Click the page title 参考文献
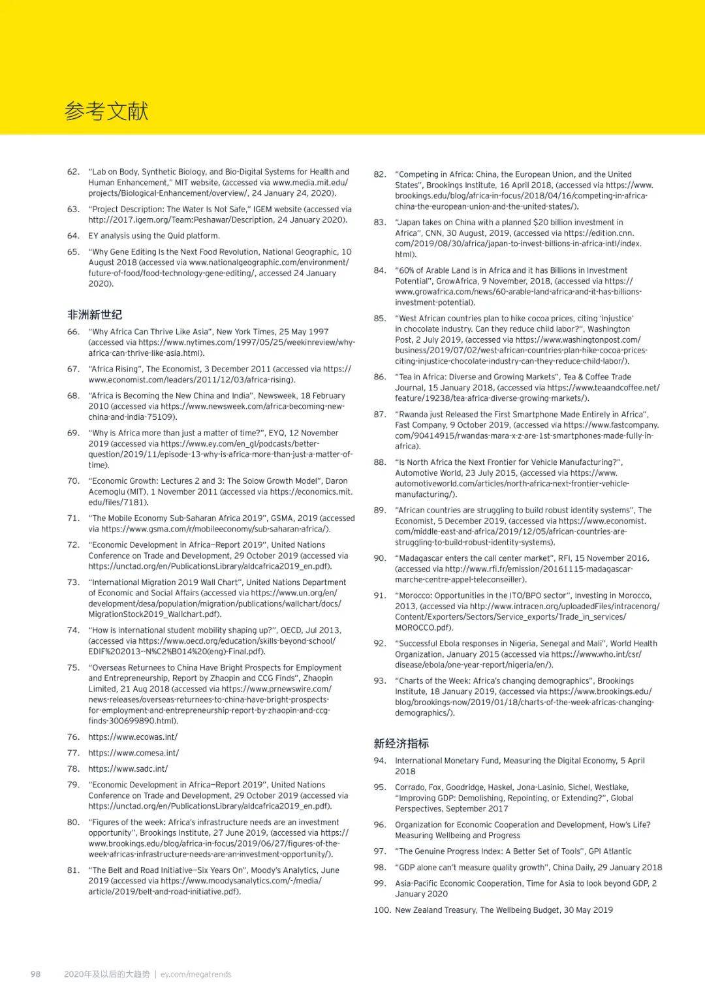(x=106, y=112)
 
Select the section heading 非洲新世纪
(x=95, y=315)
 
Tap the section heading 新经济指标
(x=401, y=744)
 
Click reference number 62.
(x=73, y=172)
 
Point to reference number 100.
(x=382, y=910)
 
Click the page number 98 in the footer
(x=35, y=974)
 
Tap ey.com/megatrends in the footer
(x=196, y=974)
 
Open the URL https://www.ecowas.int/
(x=133, y=737)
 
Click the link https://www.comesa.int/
(x=133, y=753)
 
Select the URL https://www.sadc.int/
(x=128, y=769)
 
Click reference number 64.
(x=73, y=236)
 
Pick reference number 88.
(x=380, y=462)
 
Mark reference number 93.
(x=380, y=681)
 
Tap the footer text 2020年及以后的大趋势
(x=107, y=974)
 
